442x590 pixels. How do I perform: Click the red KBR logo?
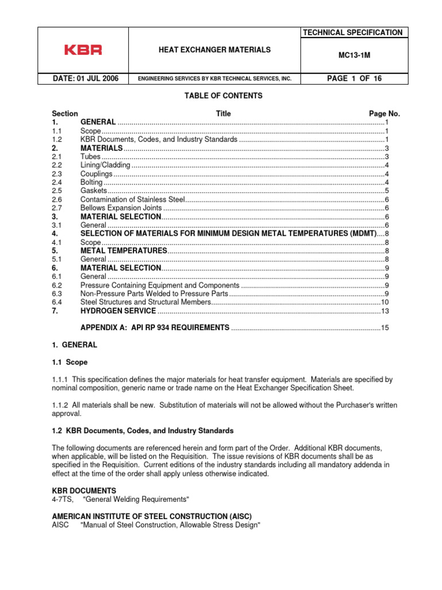click(x=83, y=50)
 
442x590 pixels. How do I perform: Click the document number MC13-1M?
click(x=354, y=56)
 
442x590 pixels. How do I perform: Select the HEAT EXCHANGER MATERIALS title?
click(x=214, y=50)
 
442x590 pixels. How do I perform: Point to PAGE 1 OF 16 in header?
click(x=354, y=78)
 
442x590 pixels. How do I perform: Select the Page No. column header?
click(x=384, y=114)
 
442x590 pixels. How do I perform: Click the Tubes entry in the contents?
click(x=90, y=157)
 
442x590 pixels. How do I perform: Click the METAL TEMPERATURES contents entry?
click(x=124, y=251)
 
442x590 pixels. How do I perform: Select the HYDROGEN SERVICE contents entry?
click(x=118, y=311)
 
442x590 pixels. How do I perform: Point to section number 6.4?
click(x=57, y=302)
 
